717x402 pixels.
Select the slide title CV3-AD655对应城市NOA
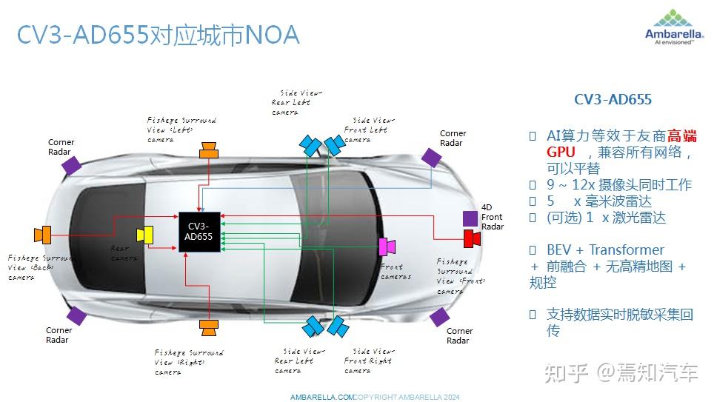pos(158,35)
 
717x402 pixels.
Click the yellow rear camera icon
pos(144,234)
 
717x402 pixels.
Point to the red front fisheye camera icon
pos(472,238)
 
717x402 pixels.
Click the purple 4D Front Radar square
pos(470,218)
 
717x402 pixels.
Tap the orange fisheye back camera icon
pos(42,235)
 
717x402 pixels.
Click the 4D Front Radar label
pos(492,217)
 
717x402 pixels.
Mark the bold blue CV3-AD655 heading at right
pos(613,99)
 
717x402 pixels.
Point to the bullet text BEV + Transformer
pos(605,249)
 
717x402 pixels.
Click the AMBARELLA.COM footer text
pos(322,398)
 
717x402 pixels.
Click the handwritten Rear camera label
pos(123,253)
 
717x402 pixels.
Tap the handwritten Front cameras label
pos(395,272)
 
